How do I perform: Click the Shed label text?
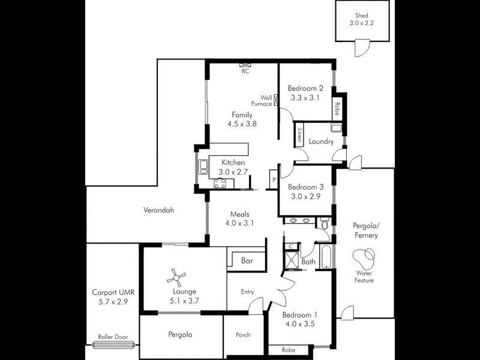pyautogui.click(x=361, y=16)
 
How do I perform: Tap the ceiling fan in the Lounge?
pyautogui.click(x=175, y=277)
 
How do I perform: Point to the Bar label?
pyautogui.click(x=247, y=261)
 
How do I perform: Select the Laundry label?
pyautogui.click(x=321, y=142)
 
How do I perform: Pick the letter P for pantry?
pyautogui.click(x=274, y=179)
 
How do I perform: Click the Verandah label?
pyautogui.click(x=158, y=211)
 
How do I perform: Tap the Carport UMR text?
pyautogui.click(x=113, y=293)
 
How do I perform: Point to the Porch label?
pyautogui.click(x=243, y=335)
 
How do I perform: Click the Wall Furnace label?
pyautogui.click(x=266, y=100)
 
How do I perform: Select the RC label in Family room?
pyautogui.click(x=245, y=71)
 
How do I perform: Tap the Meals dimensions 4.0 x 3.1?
pyautogui.click(x=239, y=223)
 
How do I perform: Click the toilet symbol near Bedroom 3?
pyautogui.click(x=324, y=224)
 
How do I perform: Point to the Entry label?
pyautogui.click(x=247, y=292)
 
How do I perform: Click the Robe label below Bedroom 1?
pyautogui.click(x=288, y=349)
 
